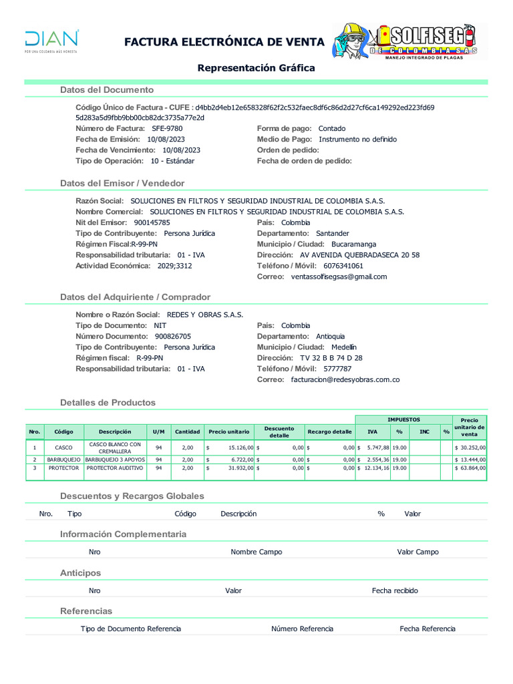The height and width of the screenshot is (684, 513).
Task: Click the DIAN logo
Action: point(51,41)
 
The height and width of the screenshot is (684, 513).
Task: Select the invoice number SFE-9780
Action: point(167,128)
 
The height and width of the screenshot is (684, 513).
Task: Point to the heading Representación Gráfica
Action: point(256,68)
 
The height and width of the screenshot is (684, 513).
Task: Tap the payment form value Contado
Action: point(332,128)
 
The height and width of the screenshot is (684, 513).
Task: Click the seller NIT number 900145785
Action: point(152,222)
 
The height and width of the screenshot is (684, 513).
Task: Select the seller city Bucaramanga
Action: point(353,244)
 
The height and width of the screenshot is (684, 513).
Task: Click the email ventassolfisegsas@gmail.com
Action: point(339,277)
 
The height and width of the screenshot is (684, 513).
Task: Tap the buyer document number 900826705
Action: point(172,337)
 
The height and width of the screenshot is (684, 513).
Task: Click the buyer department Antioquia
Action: point(330,337)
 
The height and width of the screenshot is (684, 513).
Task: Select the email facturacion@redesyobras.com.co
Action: point(345,379)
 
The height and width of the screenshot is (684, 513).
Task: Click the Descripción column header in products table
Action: point(115,432)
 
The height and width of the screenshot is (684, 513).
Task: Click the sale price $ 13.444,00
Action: point(470,460)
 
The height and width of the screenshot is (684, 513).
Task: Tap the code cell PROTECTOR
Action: point(63,468)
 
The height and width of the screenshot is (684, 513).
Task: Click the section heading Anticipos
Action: point(80,573)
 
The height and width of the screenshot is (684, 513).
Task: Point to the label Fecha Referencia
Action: point(427,629)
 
